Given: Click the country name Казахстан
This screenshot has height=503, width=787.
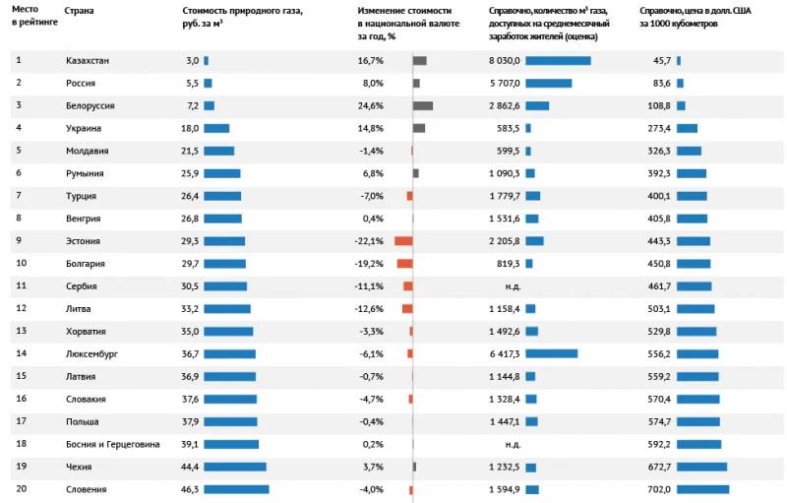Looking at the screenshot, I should (x=87, y=61).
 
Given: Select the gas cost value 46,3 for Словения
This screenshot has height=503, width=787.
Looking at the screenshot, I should (x=189, y=489).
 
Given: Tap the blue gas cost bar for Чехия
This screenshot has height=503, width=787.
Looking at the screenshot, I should (x=234, y=467).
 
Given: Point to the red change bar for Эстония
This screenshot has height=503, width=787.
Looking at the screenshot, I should (x=403, y=241).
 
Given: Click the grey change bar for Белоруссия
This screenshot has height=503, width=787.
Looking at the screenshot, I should (x=423, y=105).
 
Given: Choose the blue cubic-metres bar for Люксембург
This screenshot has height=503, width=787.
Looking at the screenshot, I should (x=551, y=353).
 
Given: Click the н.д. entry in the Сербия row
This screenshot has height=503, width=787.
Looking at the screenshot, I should (x=512, y=286).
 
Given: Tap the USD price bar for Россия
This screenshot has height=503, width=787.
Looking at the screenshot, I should (x=681, y=84).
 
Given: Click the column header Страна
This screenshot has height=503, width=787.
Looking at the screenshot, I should (x=79, y=11).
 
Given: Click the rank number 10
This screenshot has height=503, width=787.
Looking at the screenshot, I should (x=20, y=263).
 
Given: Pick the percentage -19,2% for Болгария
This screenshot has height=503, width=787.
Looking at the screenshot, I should (x=369, y=264).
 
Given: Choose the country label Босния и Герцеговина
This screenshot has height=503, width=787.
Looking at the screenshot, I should (x=112, y=444).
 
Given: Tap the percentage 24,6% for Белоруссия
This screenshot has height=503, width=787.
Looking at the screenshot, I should (x=371, y=105).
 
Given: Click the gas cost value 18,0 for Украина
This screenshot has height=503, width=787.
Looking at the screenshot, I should (x=189, y=128).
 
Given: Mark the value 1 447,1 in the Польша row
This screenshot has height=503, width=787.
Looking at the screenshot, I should (x=504, y=421).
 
